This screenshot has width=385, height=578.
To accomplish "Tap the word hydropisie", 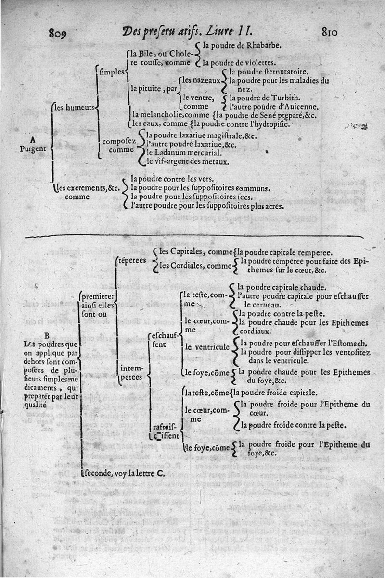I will click(268, 124).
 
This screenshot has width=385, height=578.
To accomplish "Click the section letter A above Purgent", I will click(32, 140).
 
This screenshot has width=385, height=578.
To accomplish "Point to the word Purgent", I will click(33, 148).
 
